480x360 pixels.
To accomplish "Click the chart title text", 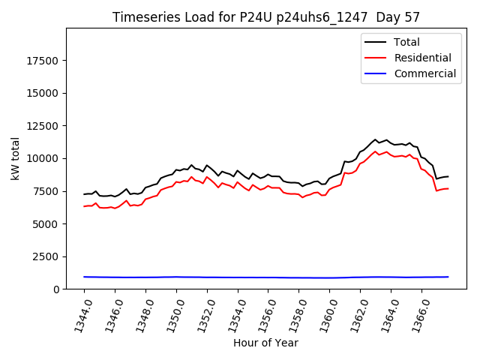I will (x=266, y=17).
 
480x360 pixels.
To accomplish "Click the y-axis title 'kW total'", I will (x=16, y=159).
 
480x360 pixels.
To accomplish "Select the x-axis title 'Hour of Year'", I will (x=265, y=343).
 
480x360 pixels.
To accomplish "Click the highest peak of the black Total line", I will (x=376, y=139).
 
